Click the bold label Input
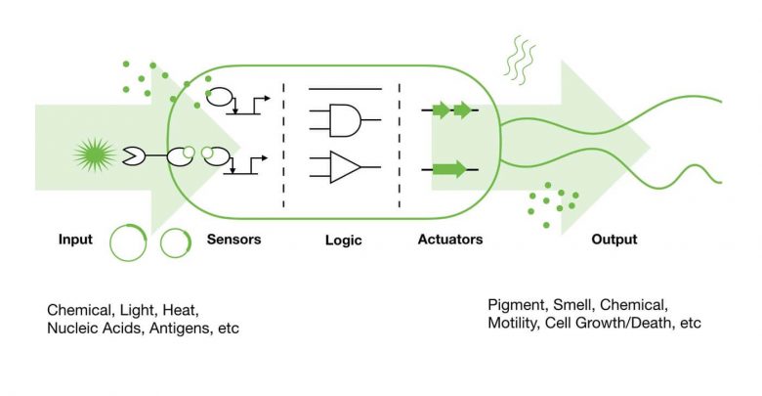(75, 240)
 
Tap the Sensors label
(233, 239)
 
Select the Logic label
(344, 240)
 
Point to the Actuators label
(450, 239)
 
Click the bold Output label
(614, 240)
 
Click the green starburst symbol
(95, 155)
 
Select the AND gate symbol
(345, 119)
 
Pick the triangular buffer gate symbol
(345, 167)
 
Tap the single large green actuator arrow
(449, 169)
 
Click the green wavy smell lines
(520, 60)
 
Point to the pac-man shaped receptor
(133, 155)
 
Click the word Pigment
(518, 305)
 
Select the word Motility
(513, 323)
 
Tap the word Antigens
(182, 329)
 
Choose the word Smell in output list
(572, 305)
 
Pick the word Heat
(181, 310)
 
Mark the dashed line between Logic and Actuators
(400, 146)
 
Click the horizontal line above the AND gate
(345, 89)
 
